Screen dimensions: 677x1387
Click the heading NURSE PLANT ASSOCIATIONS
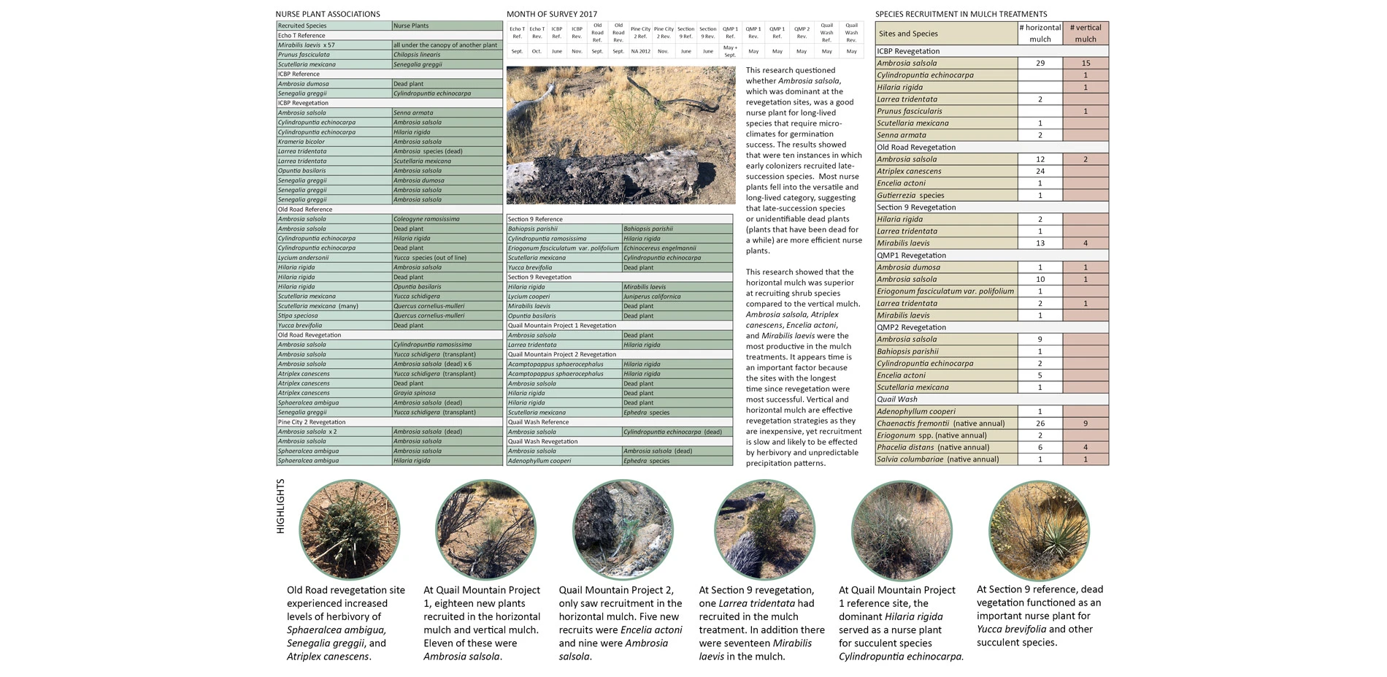[x=328, y=14]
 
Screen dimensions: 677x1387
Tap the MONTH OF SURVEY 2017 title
[x=552, y=14]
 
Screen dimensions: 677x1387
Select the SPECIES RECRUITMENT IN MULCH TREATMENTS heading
[x=961, y=14]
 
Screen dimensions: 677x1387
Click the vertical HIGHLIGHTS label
[x=280, y=506]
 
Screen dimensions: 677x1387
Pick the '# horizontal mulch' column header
[x=1040, y=34]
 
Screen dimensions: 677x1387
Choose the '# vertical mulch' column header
[x=1086, y=34]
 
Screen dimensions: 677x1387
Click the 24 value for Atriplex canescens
[x=1040, y=171]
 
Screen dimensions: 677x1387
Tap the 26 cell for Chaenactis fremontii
[x=1040, y=424]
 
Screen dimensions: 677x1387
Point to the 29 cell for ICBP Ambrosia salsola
[x=1040, y=64]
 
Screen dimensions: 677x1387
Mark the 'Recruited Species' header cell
[x=302, y=26]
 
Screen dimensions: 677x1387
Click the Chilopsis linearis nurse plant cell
[x=417, y=55]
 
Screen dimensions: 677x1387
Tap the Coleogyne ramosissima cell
[x=426, y=219]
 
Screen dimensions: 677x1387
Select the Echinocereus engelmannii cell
[x=660, y=248]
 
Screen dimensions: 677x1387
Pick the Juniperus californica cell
[x=652, y=297]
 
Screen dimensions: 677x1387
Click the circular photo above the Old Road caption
[x=349, y=529]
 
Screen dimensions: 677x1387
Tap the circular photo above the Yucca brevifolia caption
[x=1038, y=529]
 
